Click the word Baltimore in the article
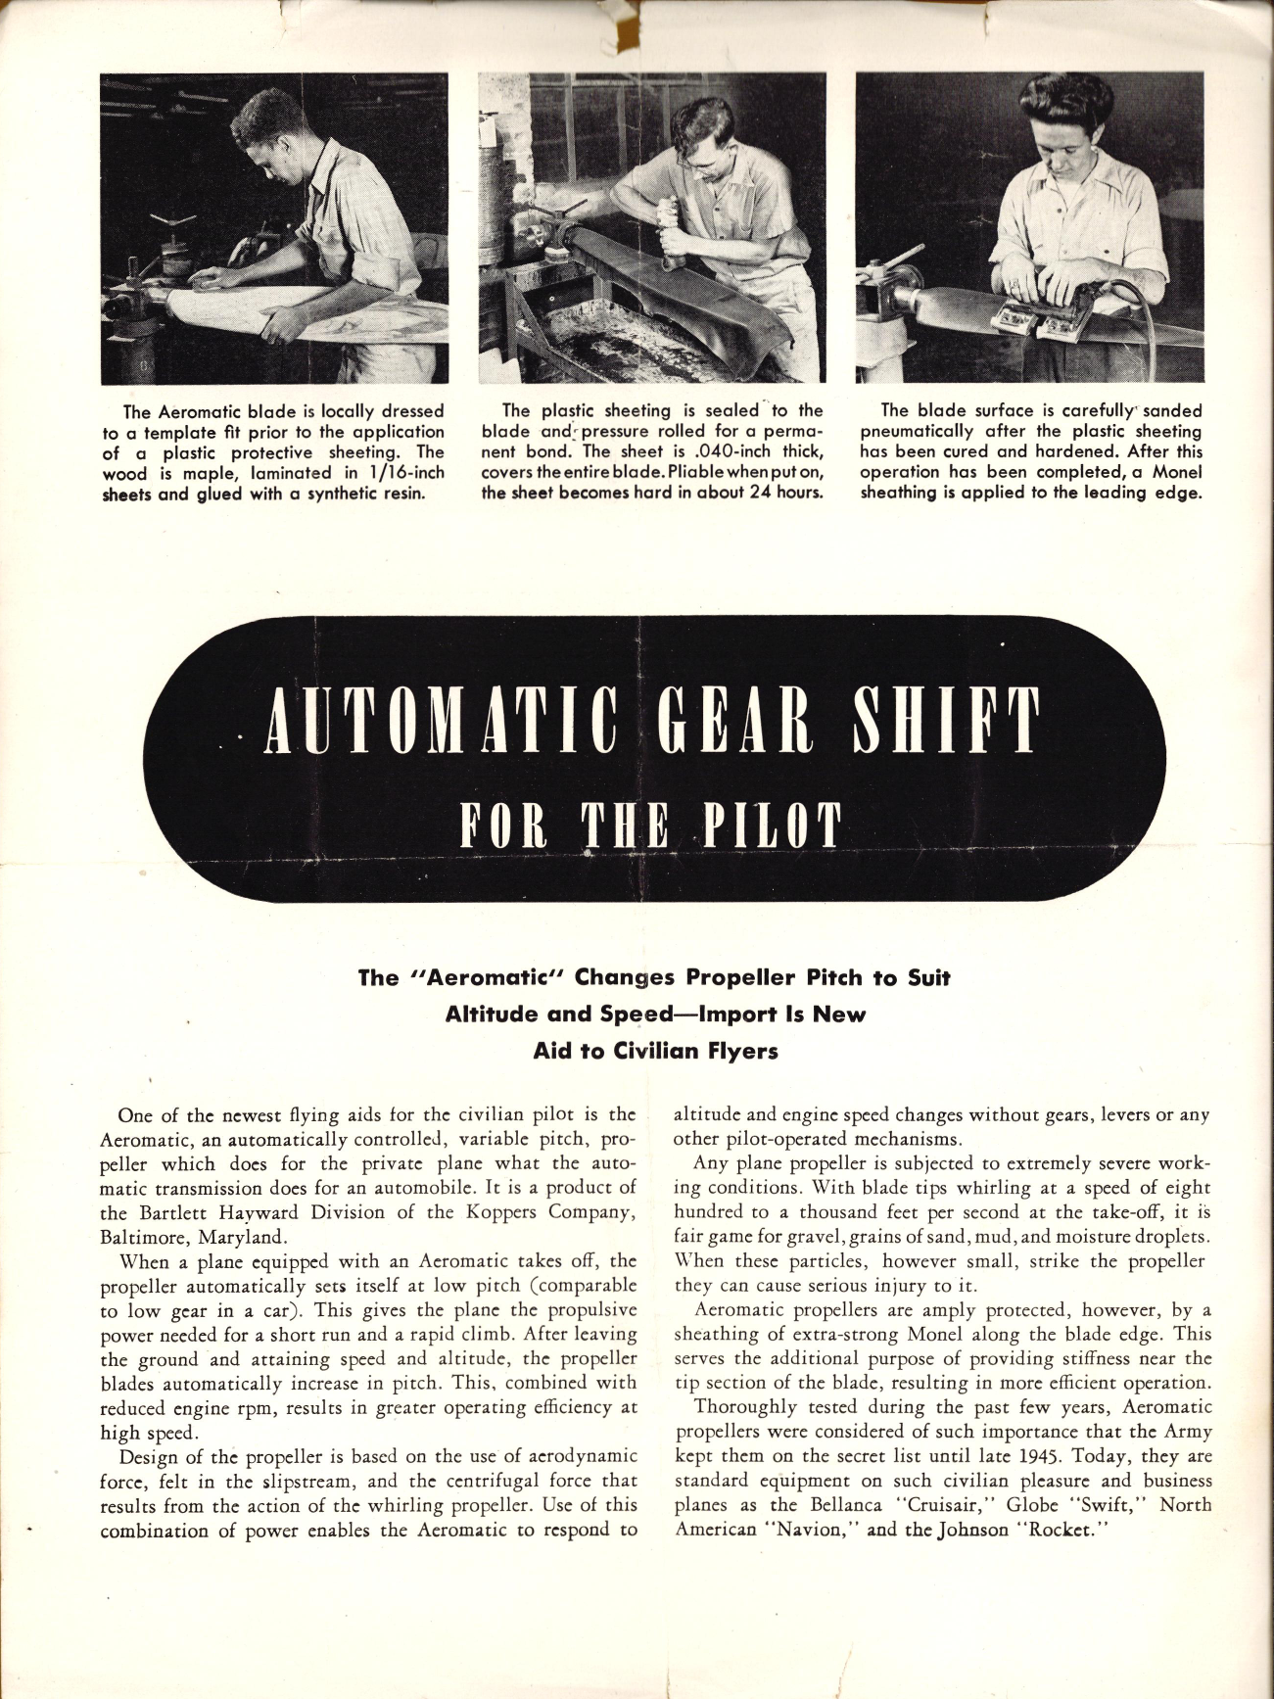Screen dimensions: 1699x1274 pyautogui.click(x=138, y=1236)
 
